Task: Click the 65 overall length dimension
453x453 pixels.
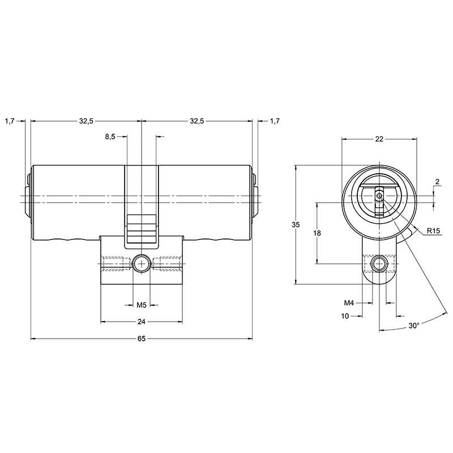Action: (142, 339)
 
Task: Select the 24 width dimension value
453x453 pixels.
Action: (142, 322)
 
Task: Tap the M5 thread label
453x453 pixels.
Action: (142, 305)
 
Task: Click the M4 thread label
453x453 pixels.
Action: (349, 304)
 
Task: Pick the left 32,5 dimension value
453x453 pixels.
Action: (86, 121)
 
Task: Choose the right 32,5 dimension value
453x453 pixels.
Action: (196, 121)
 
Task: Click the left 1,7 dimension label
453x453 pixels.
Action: (9, 121)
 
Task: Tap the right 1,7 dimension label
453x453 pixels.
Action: (275, 121)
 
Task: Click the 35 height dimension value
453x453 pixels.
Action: (295, 225)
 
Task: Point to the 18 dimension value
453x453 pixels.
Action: (317, 233)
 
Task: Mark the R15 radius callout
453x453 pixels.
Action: (434, 230)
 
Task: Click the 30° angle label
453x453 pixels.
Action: (414, 326)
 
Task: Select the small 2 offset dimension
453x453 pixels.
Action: (437, 181)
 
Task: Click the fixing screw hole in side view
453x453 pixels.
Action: (142, 263)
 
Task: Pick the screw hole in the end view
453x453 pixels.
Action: (379, 263)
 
